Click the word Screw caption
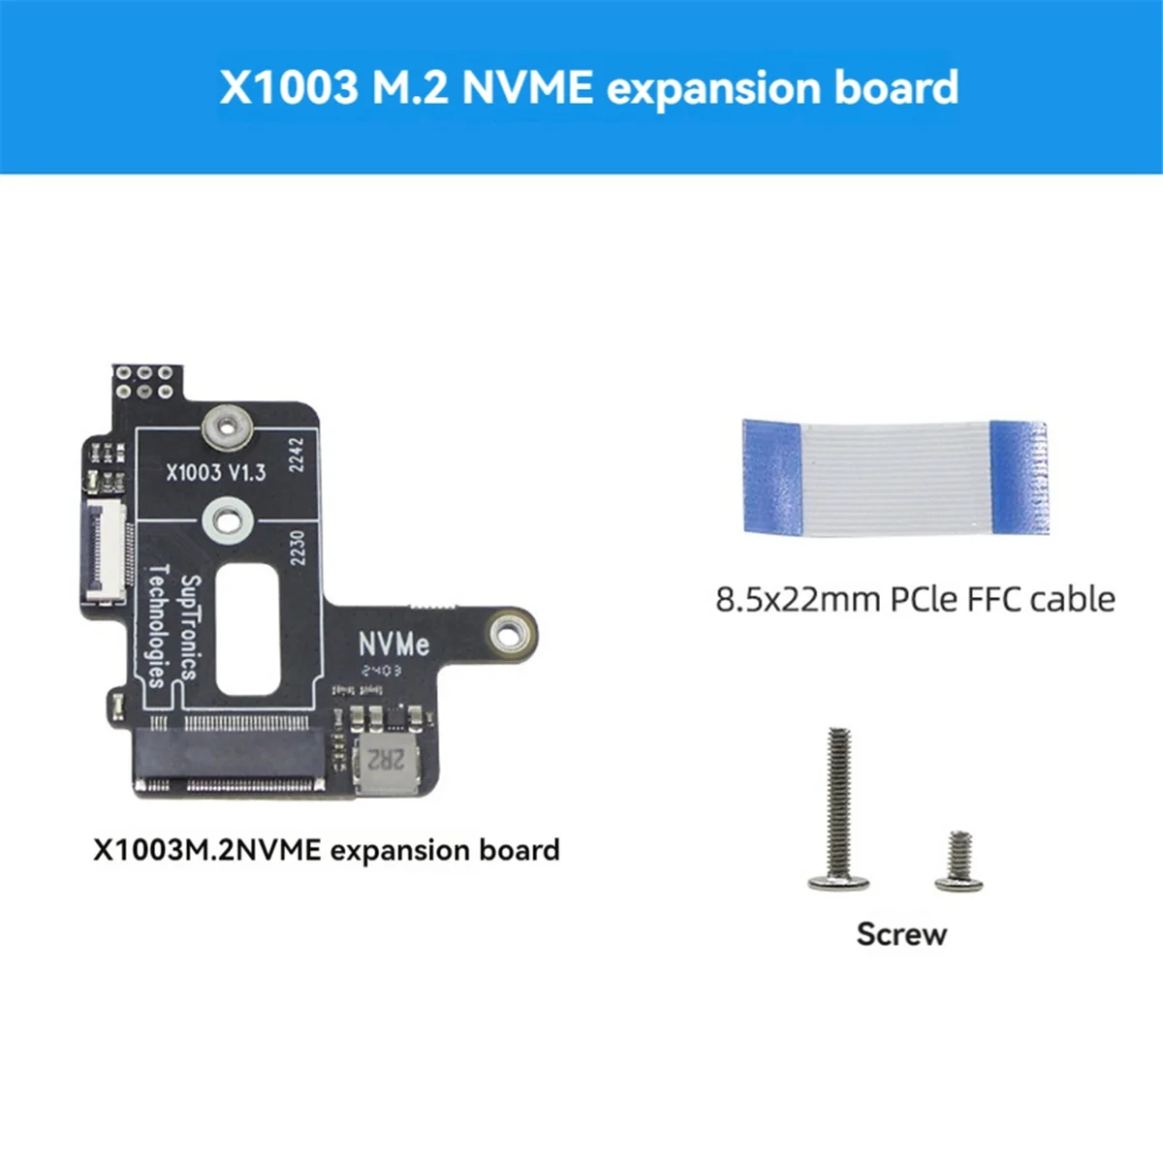pyautogui.click(x=901, y=934)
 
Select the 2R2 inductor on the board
pyautogui.click(x=386, y=762)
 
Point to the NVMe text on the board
pyautogui.click(x=393, y=644)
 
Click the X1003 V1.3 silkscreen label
pyautogui.click(x=215, y=472)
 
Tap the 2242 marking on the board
pyautogui.click(x=297, y=455)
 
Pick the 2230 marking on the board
pyautogui.click(x=298, y=548)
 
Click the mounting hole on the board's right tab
pyautogui.click(x=506, y=634)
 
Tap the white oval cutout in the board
pyautogui.click(x=248, y=630)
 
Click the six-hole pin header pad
pyautogui.click(x=143, y=382)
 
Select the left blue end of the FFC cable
pyautogui.click(x=771, y=477)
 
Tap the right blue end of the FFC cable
pyautogui.click(x=1019, y=477)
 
